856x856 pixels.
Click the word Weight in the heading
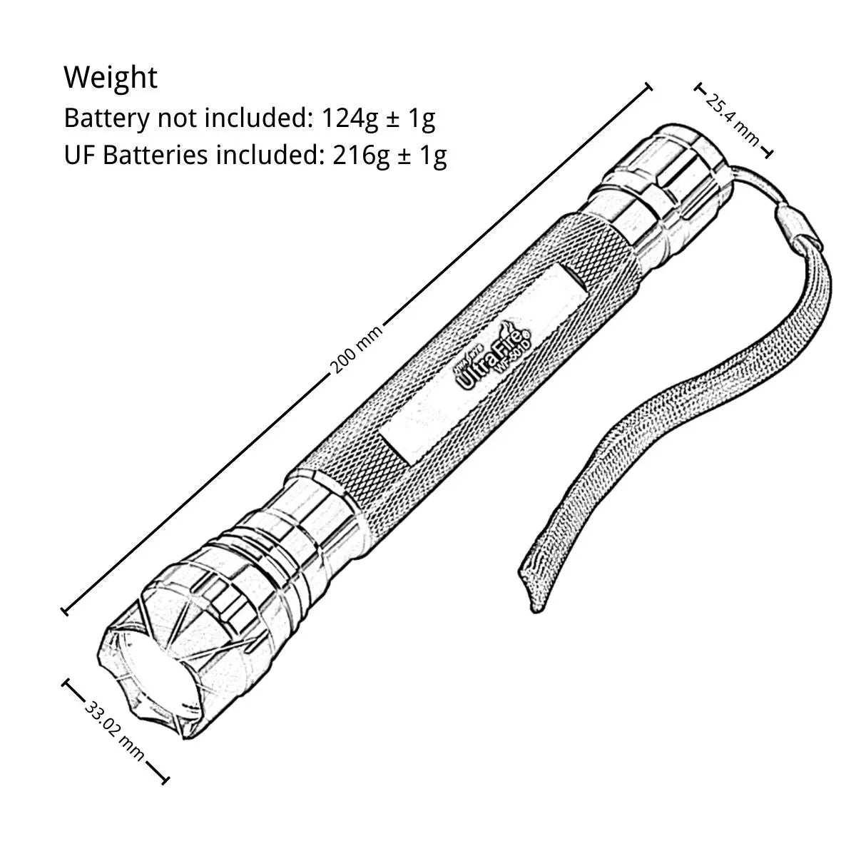[111, 77]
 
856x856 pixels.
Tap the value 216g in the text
[361, 155]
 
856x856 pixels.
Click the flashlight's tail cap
[674, 172]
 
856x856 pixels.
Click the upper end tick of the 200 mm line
[648, 87]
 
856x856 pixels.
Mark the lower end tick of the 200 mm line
[65, 610]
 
